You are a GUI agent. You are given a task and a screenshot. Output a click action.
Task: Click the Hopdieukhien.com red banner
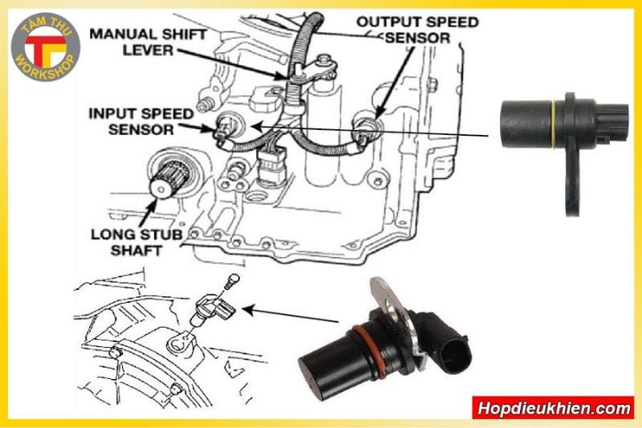[553, 407]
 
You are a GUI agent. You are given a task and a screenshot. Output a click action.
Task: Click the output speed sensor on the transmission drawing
[364, 124]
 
